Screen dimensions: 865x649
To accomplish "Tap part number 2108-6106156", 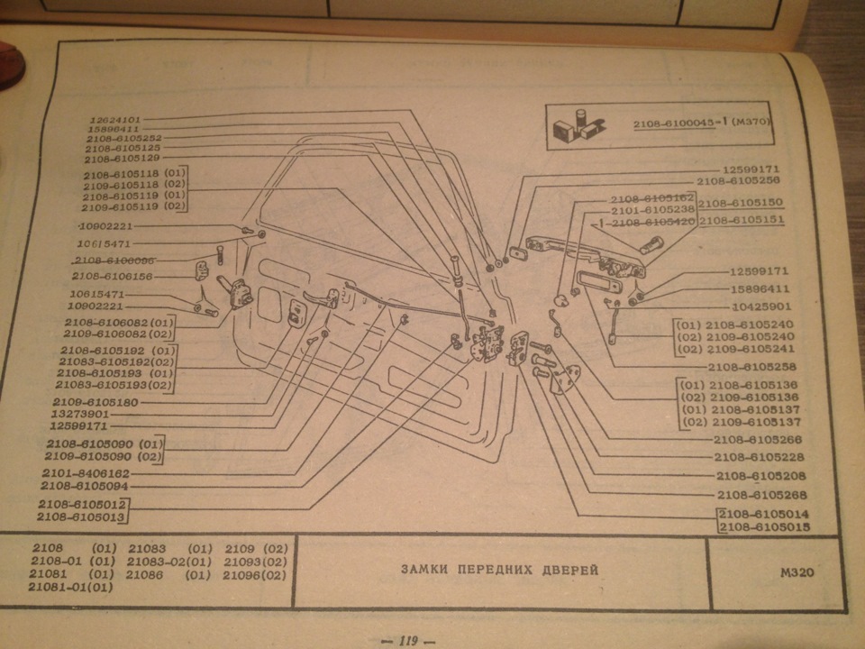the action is coord(112,276).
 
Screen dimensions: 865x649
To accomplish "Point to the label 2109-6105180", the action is coord(95,402).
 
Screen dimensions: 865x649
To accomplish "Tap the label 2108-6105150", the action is coord(741,204).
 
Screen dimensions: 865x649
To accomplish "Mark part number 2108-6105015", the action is coord(765,526).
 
